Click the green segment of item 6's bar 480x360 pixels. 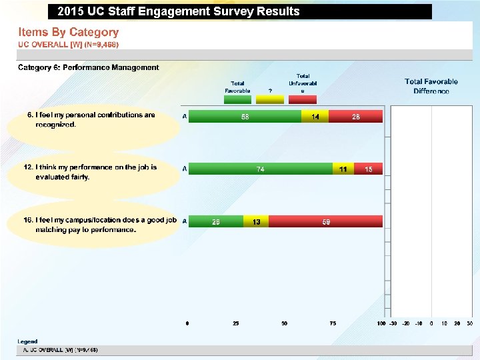pos(245,117)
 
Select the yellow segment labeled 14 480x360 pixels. pos(315,117)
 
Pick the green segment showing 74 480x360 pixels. pos(261,169)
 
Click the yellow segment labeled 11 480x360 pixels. pos(343,169)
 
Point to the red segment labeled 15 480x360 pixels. pos(368,169)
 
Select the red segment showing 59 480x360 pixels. pos(325,222)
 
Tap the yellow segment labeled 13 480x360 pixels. pos(256,222)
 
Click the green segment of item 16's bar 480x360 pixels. pos(216,222)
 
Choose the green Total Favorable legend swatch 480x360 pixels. pos(237,99)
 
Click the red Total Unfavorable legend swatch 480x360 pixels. pos(302,99)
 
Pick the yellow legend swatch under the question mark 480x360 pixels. pos(269,99)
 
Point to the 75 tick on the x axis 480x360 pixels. pos(333,323)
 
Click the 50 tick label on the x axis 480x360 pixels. pos(284,323)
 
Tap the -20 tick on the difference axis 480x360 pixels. pos(406,323)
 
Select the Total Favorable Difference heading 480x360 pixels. pos(431,86)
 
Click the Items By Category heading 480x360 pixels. pos(68,32)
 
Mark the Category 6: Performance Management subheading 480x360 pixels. pos(88,67)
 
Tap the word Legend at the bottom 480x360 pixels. pos(27,341)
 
